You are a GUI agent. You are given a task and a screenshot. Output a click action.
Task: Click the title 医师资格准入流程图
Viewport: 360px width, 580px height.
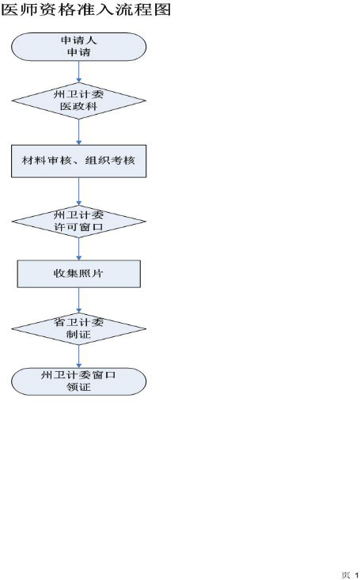(x=85, y=9)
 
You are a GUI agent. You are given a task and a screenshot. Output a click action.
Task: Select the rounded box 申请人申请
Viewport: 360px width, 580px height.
(x=79, y=47)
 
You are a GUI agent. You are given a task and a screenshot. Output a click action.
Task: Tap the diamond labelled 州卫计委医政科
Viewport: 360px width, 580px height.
(x=79, y=100)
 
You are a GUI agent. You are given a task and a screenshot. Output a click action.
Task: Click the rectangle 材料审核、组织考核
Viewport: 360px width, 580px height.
(x=79, y=161)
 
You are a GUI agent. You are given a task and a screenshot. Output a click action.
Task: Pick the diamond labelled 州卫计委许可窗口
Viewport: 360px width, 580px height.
(x=79, y=222)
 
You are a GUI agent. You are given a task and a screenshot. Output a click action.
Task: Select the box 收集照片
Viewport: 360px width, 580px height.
(x=79, y=274)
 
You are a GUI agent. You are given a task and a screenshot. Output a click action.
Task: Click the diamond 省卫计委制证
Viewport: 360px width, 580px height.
(x=79, y=328)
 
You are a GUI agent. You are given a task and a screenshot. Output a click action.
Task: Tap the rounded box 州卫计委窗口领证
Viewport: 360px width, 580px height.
(x=79, y=381)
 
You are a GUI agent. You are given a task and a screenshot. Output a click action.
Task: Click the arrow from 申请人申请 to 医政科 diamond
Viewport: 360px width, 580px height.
(x=79, y=72)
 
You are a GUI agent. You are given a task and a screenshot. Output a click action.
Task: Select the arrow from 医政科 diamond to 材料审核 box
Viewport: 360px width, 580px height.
(x=79, y=131)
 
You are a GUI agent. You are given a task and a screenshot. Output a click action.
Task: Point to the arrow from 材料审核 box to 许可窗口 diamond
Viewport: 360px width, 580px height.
(x=79, y=191)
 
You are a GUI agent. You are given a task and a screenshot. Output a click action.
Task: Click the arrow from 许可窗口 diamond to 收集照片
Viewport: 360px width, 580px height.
(x=79, y=249)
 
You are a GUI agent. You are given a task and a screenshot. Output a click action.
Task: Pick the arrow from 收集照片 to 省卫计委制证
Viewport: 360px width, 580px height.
(x=79, y=300)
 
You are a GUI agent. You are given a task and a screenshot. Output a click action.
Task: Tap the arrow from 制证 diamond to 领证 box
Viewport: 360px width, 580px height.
(x=79, y=356)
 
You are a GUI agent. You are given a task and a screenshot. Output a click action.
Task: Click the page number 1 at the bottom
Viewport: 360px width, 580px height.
(x=357, y=575)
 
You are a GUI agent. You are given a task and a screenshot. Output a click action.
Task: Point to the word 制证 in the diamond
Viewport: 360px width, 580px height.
(x=79, y=335)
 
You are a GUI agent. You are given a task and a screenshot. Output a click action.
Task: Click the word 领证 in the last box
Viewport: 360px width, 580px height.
(x=79, y=387)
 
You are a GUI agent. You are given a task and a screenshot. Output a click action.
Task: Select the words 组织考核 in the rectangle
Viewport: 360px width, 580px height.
(x=110, y=161)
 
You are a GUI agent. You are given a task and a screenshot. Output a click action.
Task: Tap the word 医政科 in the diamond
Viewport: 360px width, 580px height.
(x=79, y=107)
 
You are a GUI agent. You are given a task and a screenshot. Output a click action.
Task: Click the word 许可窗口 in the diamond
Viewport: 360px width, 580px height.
(x=79, y=227)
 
